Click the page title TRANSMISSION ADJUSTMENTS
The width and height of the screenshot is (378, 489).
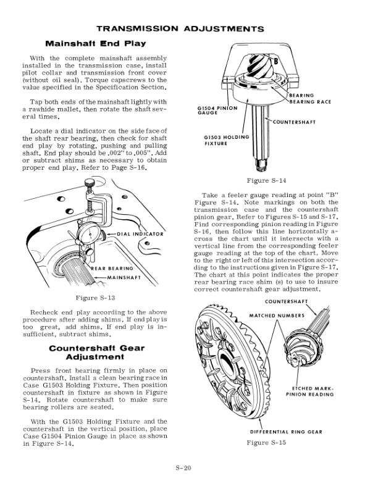(188, 28)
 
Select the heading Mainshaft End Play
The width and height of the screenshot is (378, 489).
(96, 43)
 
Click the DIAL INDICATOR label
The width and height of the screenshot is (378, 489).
(140, 235)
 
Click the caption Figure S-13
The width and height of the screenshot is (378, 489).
(95, 298)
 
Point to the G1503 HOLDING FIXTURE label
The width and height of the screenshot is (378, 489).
(226, 140)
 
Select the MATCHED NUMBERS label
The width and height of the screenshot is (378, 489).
(277, 316)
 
